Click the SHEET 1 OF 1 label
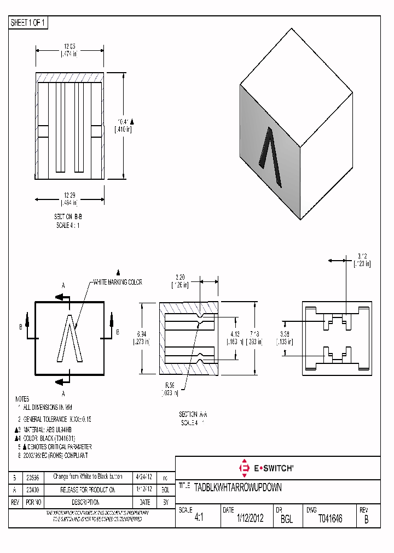28,23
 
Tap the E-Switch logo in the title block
266,468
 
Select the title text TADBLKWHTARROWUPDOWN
237,487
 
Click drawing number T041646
330,519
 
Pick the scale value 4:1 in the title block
199,519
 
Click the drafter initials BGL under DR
286,519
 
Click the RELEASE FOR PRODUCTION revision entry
87,489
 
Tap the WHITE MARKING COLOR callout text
117,282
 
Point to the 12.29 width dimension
69,195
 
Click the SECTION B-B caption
68,216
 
